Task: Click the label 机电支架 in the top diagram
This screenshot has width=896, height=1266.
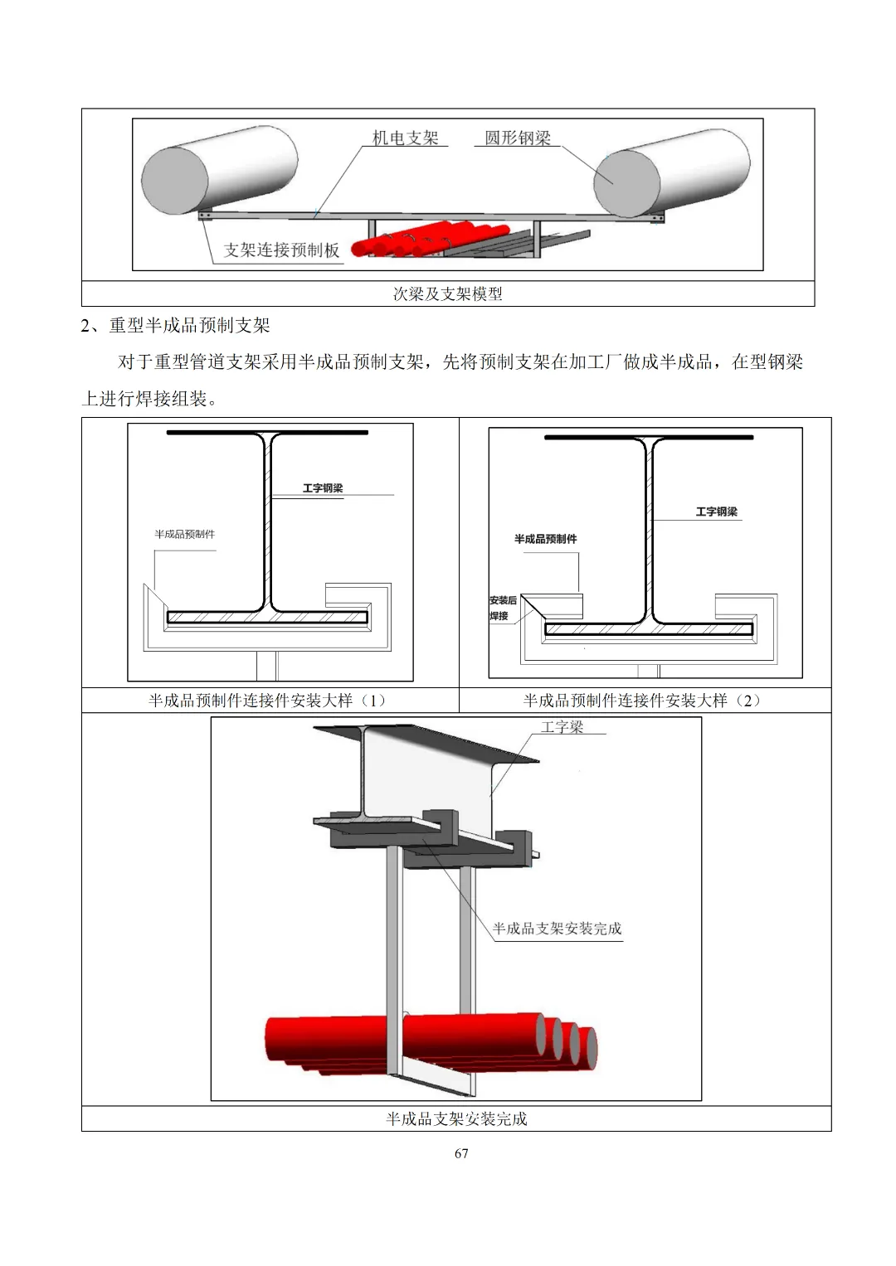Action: pos(405,138)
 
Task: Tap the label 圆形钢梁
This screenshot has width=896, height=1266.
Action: pos(518,138)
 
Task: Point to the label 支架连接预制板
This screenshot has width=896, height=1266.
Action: pos(282,250)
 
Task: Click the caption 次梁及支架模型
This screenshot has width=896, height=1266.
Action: pos(448,293)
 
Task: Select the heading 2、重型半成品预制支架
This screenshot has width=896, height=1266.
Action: pos(176,325)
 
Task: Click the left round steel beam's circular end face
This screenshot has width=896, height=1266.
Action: pos(175,180)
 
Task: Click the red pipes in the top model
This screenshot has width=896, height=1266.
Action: pos(398,242)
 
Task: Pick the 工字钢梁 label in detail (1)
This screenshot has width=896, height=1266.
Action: pos(323,487)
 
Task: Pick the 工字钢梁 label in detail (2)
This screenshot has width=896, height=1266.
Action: pos(717,512)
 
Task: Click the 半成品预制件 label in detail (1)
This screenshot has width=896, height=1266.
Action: pos(184,534)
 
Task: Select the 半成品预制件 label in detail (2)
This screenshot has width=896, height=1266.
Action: pos(545,539)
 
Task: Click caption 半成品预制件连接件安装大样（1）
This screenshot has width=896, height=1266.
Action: pos(270,701)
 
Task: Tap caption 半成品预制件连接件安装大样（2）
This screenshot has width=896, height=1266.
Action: pos(645,701)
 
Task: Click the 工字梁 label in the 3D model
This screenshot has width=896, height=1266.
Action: pos(562,727)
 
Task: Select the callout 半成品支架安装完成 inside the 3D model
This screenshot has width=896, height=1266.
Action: pos(557,929)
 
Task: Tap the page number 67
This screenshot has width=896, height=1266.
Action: pos(461,1153)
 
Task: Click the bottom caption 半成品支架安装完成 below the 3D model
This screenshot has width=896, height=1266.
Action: pos(456,1119)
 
